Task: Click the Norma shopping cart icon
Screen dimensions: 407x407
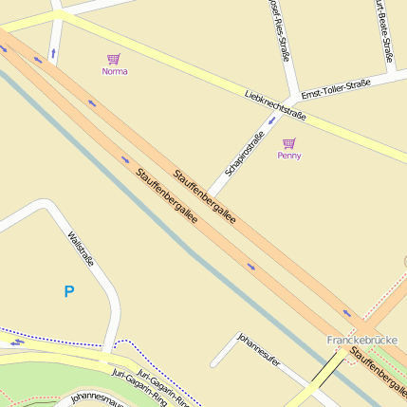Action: (x=114, y=59)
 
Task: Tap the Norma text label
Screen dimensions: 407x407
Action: (x=114, y=71)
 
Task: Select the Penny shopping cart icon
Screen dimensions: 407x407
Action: (x=289, y=142)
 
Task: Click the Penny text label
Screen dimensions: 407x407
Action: (x=289, y=155)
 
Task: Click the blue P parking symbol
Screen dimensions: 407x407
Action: (x=68, y=292)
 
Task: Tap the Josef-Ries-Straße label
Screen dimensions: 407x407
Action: (x=281, y=33)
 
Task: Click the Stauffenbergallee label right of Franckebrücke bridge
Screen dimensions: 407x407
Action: (x=378, y=369)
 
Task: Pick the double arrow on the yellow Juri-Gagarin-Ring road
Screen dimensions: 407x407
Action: (x=16, y=343)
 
